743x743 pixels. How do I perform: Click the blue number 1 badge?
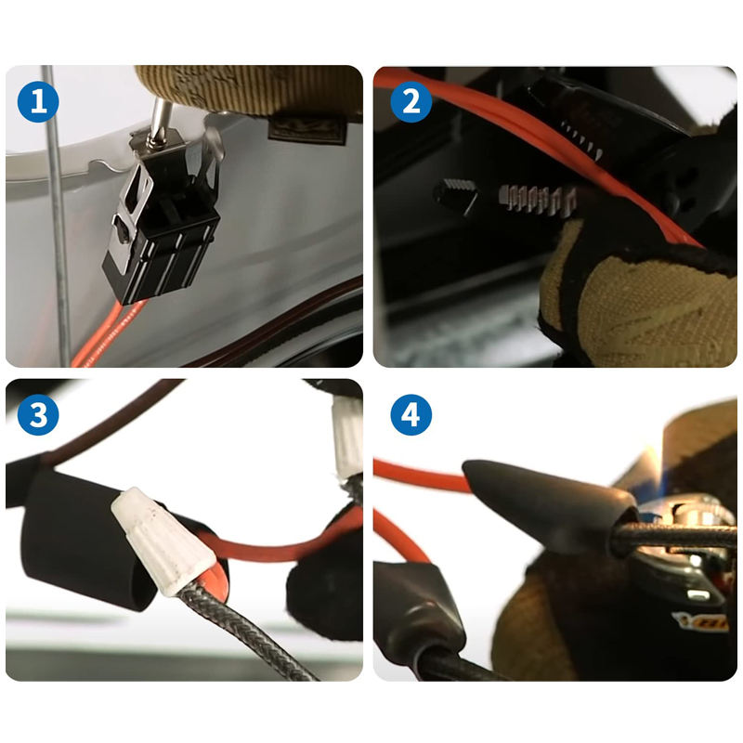click(x=38, y=102)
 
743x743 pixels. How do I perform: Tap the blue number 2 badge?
click(x=411, y=102)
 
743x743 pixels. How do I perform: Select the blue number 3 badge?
click(x=38, y=414)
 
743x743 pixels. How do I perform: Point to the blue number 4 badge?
click(x=411, y=414)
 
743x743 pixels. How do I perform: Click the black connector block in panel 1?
click(x=163, y=237)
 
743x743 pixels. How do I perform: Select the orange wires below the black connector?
click(x=104, y=334)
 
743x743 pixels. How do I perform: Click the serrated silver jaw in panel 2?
click(x=537, y=199)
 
